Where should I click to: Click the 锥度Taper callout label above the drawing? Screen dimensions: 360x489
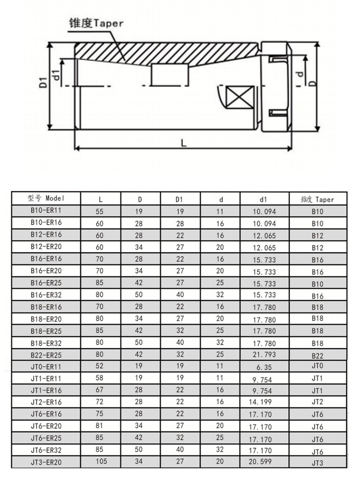pyautogui.click(x=96, y=23)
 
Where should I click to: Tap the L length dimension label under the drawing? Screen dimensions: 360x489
pyautogui.click(x=183, y=143)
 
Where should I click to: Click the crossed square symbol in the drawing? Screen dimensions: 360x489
pyautogui.click(x=240, y=97)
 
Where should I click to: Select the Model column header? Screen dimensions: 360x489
pyautogui.click(x=46, y=198)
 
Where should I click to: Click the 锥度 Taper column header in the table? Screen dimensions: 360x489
pyautogui.click(x=317, y=199)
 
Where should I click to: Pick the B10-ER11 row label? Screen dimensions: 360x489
pyautogui.click(x=46, y=210)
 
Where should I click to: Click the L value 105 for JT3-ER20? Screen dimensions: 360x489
pyautogui.click(x=101, y=461)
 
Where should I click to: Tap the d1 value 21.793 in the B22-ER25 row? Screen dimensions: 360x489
pyautogui.click(x=264, y=355)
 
